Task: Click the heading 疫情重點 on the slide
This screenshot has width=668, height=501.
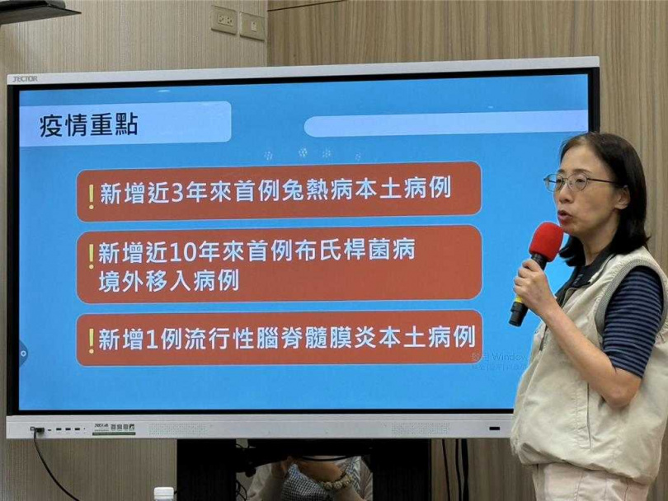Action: [89, 125]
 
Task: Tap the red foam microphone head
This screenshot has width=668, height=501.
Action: [545, 241]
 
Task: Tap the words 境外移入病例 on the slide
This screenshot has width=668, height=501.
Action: [168, 281]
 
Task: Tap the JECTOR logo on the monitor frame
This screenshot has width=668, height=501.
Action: [23, 78]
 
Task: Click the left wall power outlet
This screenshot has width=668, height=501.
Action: [223, 20]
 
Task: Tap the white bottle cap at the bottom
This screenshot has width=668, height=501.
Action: [163, 493]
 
